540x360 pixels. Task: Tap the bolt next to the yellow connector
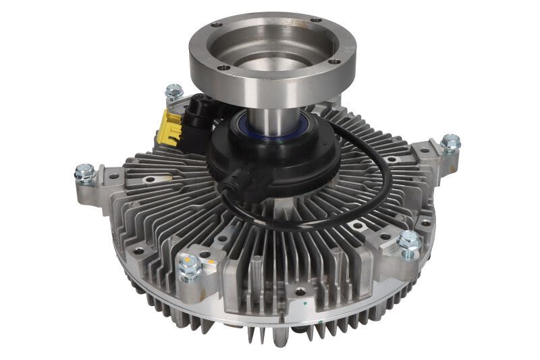[173, 92]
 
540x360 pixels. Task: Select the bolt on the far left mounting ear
[85, 173]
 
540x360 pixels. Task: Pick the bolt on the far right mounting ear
[450, 143]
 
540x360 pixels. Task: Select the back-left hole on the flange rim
[215, 25]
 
